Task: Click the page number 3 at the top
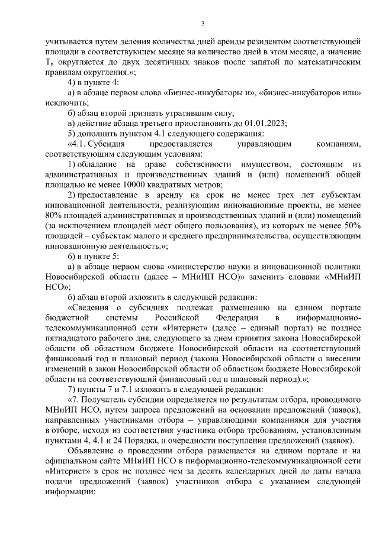[x=203, y=24]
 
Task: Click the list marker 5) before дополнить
[x=73, y=134]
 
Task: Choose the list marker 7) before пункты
[x=73, y=390]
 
